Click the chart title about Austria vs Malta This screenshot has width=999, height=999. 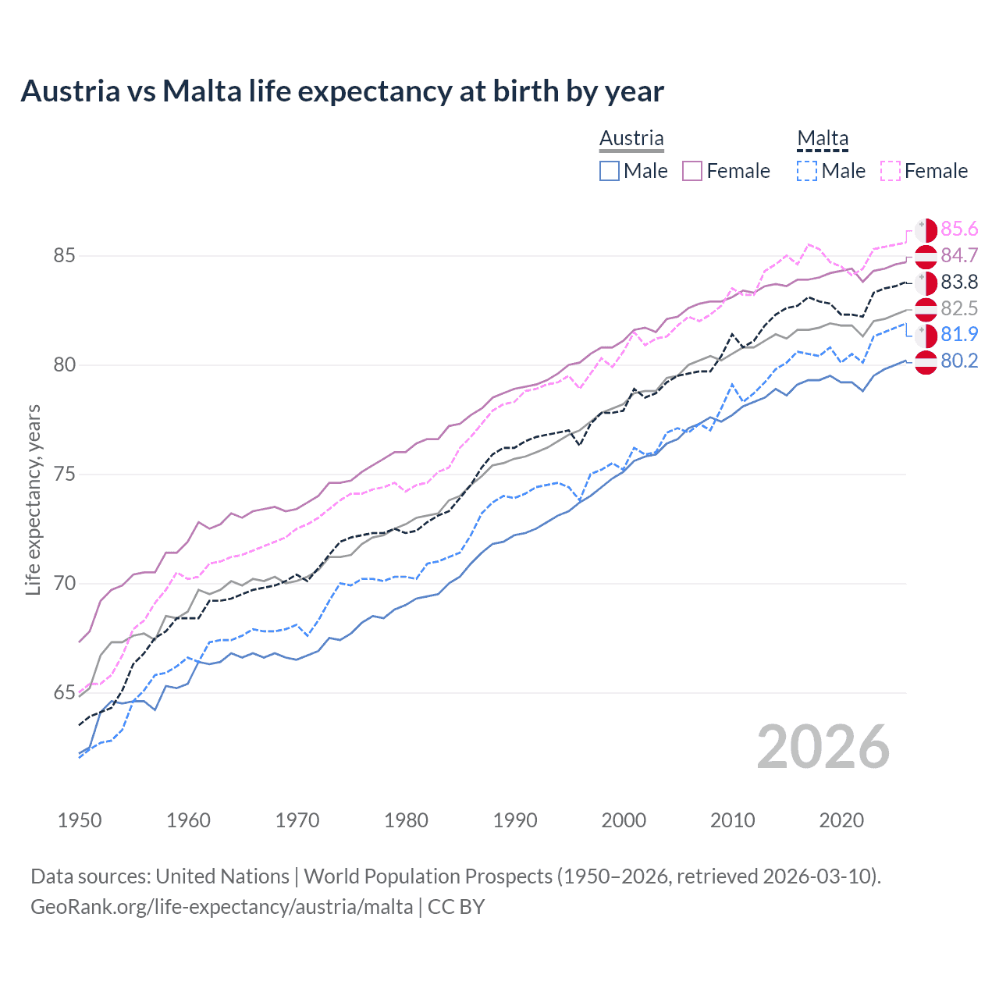pyautogui.click(x=342, y=91)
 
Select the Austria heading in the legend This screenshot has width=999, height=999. pyautogui.click(x=631, y=138)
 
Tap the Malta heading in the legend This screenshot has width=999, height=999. pyautogui.click(x=823, y=138)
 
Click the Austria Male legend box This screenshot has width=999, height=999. pyautogui.click(x=610, y=171)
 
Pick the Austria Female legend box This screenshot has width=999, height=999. pyautogui.click(x=693, y=171)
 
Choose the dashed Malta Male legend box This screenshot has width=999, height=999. pyautogui.click(x=807, y=171)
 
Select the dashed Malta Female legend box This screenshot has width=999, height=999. pyautogui.click(x=891, y=171)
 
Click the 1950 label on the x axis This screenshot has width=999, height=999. pyautogui.click(x=80, y=820)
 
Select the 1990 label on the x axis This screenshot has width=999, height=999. pyautogui.click(x=515, y=820)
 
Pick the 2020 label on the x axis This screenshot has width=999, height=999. pyautogui.click(x=841, y=820)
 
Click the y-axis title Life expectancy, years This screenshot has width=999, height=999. pyautogui.click(x=33, y=499)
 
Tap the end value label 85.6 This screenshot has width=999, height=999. pyautogui.click(x=959, y=229)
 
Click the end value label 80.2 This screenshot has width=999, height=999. pyautogui.click(x=959, y=361)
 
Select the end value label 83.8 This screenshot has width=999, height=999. pyautogui.click(x=959, y=282)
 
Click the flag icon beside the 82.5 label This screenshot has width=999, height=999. pyautogui.click(x=926, y=309)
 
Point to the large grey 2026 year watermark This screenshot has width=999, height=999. pyautogui.click(x=823, y=747)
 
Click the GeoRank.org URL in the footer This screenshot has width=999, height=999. pyautogui.click(x=222, y=907)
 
